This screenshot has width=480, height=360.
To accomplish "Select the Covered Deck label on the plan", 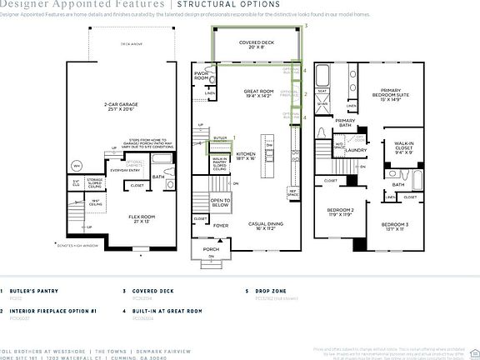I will pyautogui.click(x=256, y=45).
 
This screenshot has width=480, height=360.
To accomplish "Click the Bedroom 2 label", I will pyautogui.click(x=341, y=212).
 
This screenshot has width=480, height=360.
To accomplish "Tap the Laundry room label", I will pyautogui.click(x=357, y=150).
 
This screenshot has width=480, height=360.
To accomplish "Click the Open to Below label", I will pyautogui.click(x=221, y=202).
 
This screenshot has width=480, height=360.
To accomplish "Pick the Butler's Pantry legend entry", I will pyautogui.click(x=38, y=291).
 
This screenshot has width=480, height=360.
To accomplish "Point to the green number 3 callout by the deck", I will pyautogui.click(x=307, y=27).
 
